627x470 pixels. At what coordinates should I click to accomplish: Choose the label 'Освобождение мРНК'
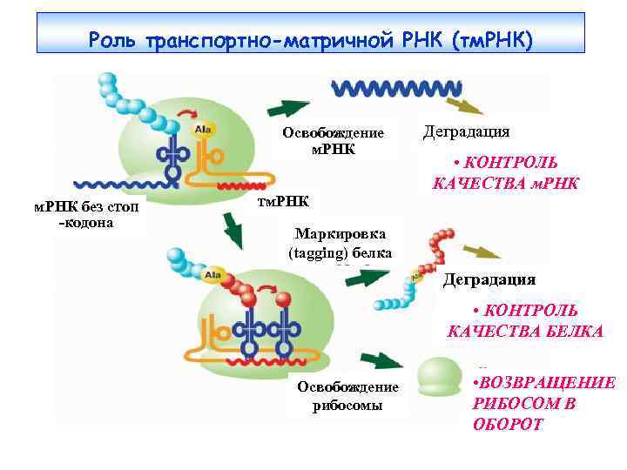click(333, 140)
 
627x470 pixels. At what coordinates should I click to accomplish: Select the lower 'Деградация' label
click(489, 279)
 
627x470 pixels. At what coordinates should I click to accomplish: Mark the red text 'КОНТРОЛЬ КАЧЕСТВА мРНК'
click(506, 172)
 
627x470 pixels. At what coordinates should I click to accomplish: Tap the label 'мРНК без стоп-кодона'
click(80, 213)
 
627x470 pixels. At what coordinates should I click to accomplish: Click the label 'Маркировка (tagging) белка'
click(340, 243)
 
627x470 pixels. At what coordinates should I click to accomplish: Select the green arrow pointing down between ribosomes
click(233, 228)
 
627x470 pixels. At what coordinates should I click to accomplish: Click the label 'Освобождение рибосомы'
click(347, 394)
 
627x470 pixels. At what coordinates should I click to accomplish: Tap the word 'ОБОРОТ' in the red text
click(507, 424)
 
